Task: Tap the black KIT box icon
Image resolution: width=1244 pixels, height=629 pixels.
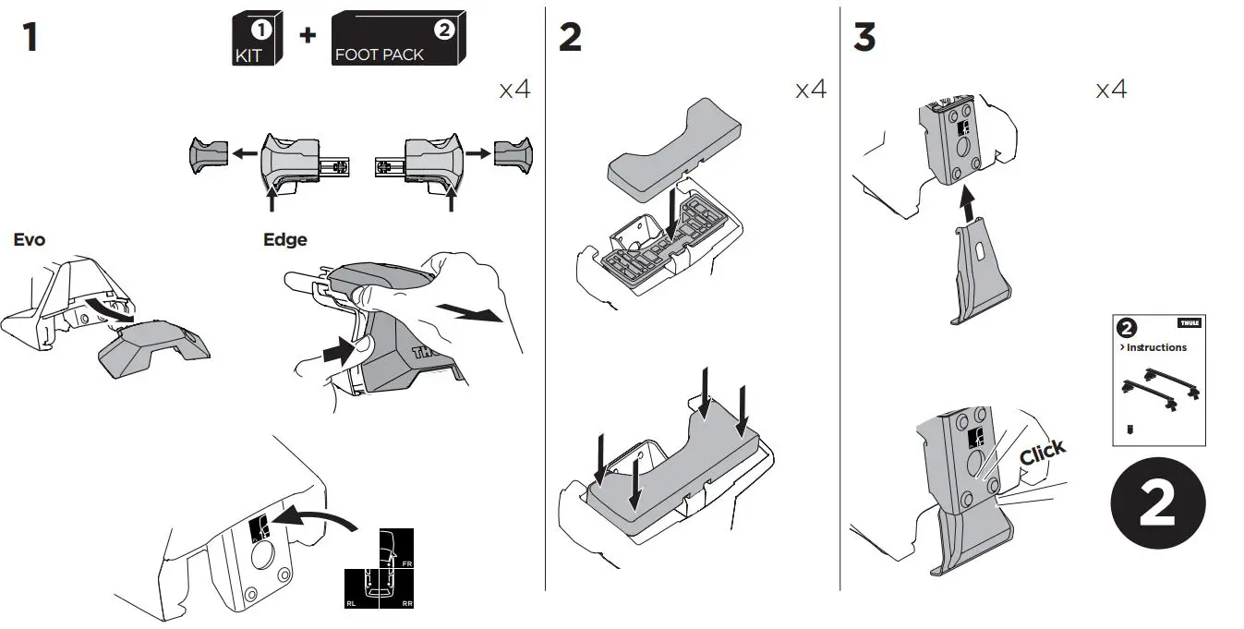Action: pos(253,40)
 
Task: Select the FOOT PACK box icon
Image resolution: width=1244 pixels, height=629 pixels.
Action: pos(397,40)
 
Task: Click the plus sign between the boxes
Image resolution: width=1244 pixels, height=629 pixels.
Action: pos(307,35)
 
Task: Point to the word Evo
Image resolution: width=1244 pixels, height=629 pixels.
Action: pos(30,240)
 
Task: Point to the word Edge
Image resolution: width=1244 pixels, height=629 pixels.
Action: pos(285,240)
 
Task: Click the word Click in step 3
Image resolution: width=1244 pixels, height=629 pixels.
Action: pos(1043,453)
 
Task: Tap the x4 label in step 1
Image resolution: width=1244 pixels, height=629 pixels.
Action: pos(514,90)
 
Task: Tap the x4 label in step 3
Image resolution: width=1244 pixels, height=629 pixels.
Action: pos(1111,90)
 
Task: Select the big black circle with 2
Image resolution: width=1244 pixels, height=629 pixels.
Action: pos(1157,504)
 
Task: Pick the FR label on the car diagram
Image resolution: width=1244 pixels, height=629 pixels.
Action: pos(406,562)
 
